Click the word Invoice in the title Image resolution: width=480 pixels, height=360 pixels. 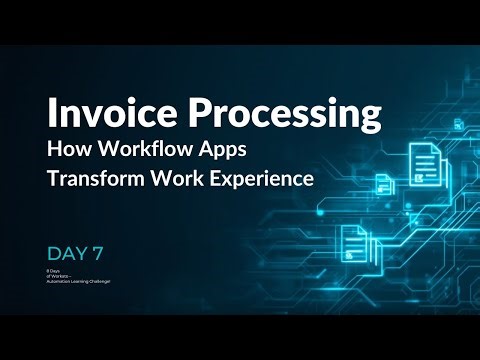click(x=99, y=115)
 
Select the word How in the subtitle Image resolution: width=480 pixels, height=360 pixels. click(x=66, y=153)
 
